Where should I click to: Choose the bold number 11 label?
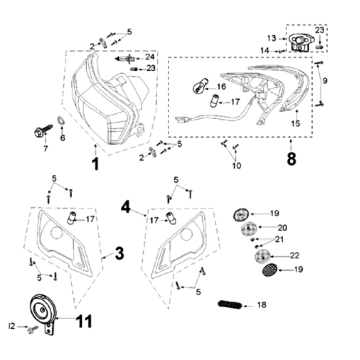(x=86, y=322)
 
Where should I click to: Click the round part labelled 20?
(x=247, y=228)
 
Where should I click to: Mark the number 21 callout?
(x=280, y=240)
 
